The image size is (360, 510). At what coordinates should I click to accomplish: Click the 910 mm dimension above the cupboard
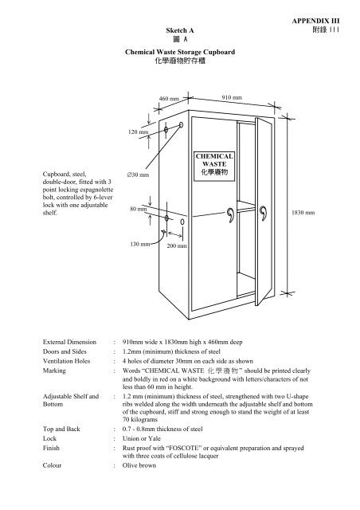(x=231, y=96)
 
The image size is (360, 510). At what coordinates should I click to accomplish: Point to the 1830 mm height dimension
(x=303, y=214)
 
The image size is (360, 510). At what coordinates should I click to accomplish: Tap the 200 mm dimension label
(x=176, y=247)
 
